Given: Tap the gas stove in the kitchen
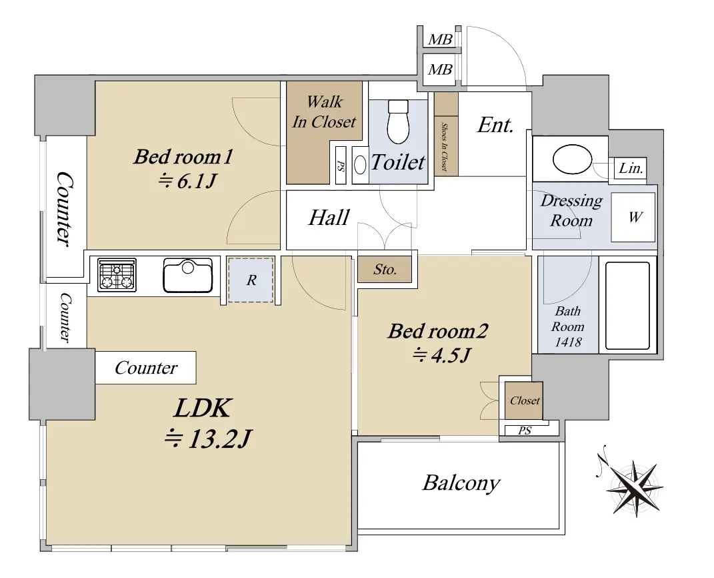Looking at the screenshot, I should [x=117, y=276].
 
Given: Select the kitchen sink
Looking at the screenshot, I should [x=187, y=275].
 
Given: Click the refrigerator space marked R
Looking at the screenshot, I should [x=251, y=280].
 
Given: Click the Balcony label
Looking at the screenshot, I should [x=461, y=483].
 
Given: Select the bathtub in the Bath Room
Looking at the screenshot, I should [x=627, y=306].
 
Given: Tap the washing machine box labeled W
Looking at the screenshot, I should [x=633, y=217].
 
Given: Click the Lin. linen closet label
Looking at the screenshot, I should [x=631, y=169].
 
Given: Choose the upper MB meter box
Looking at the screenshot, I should [x=439, y=39].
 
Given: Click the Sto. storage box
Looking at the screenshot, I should [x=385, y=270].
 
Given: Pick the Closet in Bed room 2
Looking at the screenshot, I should [x=524, y=400].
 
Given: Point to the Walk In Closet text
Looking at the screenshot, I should [x=324, y=112].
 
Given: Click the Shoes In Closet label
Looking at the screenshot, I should [x=444, y=146].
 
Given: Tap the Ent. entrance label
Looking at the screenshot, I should [x=495, y=125].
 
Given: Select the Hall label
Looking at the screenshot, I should [x=329, y=218].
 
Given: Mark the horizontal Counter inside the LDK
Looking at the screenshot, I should [x=146, y=368].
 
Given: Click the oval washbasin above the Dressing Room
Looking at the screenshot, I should [x=572, y=160].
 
